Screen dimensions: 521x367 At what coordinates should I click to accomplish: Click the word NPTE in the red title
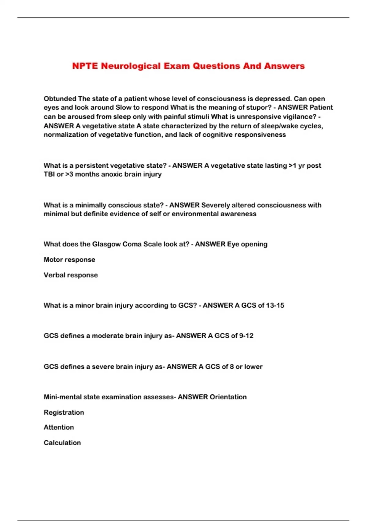coord(85,66)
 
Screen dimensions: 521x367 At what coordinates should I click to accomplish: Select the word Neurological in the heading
coord(131,66)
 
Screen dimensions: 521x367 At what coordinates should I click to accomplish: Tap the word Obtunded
coord(60,99)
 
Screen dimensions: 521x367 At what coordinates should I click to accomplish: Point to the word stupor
coord(256,108)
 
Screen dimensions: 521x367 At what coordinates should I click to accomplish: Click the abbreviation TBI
coord(49,174)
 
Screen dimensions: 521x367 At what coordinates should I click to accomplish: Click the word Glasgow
coord(106,244)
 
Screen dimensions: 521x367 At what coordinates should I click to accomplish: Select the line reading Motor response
coord(69,260)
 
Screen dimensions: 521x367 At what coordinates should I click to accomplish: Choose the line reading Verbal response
coord(71,275)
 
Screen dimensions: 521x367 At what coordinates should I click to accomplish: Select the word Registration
coord(64,413)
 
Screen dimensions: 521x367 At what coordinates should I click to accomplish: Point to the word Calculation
coord(62,443)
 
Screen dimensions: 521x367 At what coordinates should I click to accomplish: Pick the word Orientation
coord(228,397)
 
